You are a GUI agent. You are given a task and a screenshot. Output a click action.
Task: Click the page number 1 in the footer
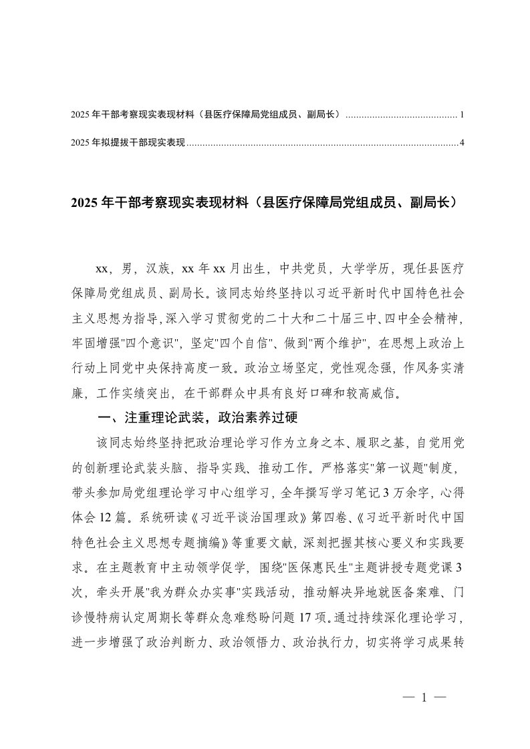pos(424,698)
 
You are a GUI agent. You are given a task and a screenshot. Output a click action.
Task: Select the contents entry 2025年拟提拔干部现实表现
pos(127,142)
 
